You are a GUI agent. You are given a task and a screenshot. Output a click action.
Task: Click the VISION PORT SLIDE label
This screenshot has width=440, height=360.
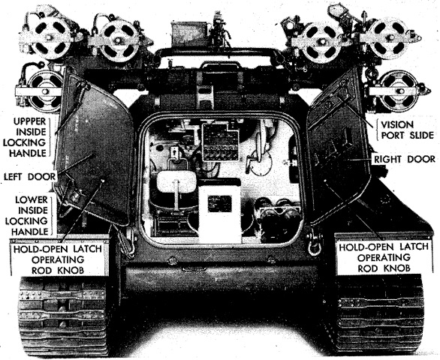pos(407,130)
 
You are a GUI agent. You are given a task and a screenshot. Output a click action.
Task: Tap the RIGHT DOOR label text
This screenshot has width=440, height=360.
pos(405,159)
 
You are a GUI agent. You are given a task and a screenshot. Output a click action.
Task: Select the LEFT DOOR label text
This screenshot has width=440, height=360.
pos(30,177)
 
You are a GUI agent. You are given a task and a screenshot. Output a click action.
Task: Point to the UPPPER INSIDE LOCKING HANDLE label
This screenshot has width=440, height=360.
pos(26,137)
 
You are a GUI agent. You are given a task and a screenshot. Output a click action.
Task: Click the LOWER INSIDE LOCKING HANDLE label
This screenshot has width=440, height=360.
pos(27,215)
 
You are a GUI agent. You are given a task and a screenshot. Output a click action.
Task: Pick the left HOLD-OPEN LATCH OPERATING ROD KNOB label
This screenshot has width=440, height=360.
pos(58,259)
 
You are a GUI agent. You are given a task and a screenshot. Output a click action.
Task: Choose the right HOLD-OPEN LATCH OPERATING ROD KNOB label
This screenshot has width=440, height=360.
pos(384,258)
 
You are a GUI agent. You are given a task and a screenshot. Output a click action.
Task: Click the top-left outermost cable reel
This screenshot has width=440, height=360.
pos(51,37)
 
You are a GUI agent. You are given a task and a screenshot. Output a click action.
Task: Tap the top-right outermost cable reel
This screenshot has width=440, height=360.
pos(389,37)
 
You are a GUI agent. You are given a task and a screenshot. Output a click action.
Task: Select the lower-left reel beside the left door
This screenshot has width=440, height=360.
pos(45,91)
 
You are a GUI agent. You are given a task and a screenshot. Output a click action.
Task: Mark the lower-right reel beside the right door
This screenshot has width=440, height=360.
pos(400,91)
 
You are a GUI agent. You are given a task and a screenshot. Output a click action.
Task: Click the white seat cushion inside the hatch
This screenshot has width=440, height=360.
pos(176,182)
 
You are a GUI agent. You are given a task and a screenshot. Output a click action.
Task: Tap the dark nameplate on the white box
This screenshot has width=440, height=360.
pos(220,203)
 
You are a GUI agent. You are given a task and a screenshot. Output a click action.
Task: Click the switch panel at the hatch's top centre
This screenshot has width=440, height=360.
pos(220,142)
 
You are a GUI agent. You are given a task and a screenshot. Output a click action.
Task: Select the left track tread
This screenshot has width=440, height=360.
pos(62,316)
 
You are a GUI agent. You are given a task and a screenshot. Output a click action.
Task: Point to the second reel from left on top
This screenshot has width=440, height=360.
pos(119,40)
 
